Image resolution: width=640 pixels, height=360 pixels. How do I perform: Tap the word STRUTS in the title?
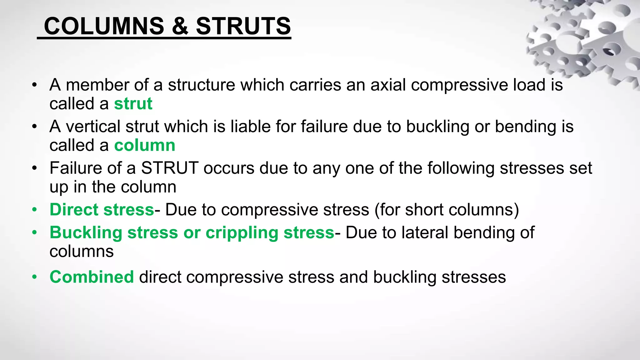pos(243,26)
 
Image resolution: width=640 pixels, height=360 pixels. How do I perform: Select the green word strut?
pos(133,104)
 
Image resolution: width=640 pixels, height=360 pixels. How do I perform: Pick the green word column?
pos(145,145)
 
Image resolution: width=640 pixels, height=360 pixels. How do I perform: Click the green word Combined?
pos(92,277)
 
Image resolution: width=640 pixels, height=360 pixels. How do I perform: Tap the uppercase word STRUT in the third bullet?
pos(170,168)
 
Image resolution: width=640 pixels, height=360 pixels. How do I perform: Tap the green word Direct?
pos(74,210)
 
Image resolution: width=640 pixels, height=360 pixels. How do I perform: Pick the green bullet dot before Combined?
pos(34,277)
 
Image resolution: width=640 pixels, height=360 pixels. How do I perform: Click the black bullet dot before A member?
pos(34,85)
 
